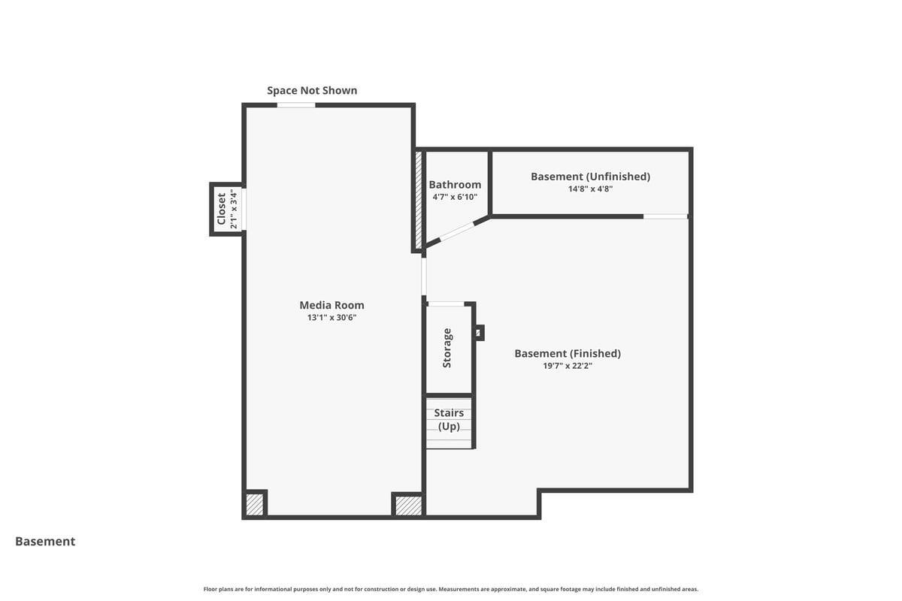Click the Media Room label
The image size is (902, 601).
pos(331,305)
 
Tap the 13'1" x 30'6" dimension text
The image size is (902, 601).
pos(331,318)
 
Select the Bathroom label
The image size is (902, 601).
pos(455,185)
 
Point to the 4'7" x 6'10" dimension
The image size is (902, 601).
pos(455,197)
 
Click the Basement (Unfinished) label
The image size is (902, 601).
pos(590,177)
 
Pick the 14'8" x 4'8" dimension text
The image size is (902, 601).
pos(590,189)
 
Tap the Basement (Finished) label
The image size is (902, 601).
pos(568,354)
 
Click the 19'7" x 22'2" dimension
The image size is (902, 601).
pos(568,366)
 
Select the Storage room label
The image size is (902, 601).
pos(447,348)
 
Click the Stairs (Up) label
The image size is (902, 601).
pos(449,420)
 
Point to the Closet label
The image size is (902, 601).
pos(222,209)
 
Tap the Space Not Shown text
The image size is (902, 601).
pos(312,91)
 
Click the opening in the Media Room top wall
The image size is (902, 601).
pos(296,105)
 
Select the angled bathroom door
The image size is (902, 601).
pos(457,232)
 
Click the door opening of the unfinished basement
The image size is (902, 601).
pos(665,216)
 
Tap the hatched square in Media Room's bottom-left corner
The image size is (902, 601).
pos(255,504)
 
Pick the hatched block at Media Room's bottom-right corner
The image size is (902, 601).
pos(408,506)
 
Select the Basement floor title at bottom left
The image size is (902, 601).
pos(45,542)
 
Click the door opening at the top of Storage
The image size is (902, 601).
pos(446,304)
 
